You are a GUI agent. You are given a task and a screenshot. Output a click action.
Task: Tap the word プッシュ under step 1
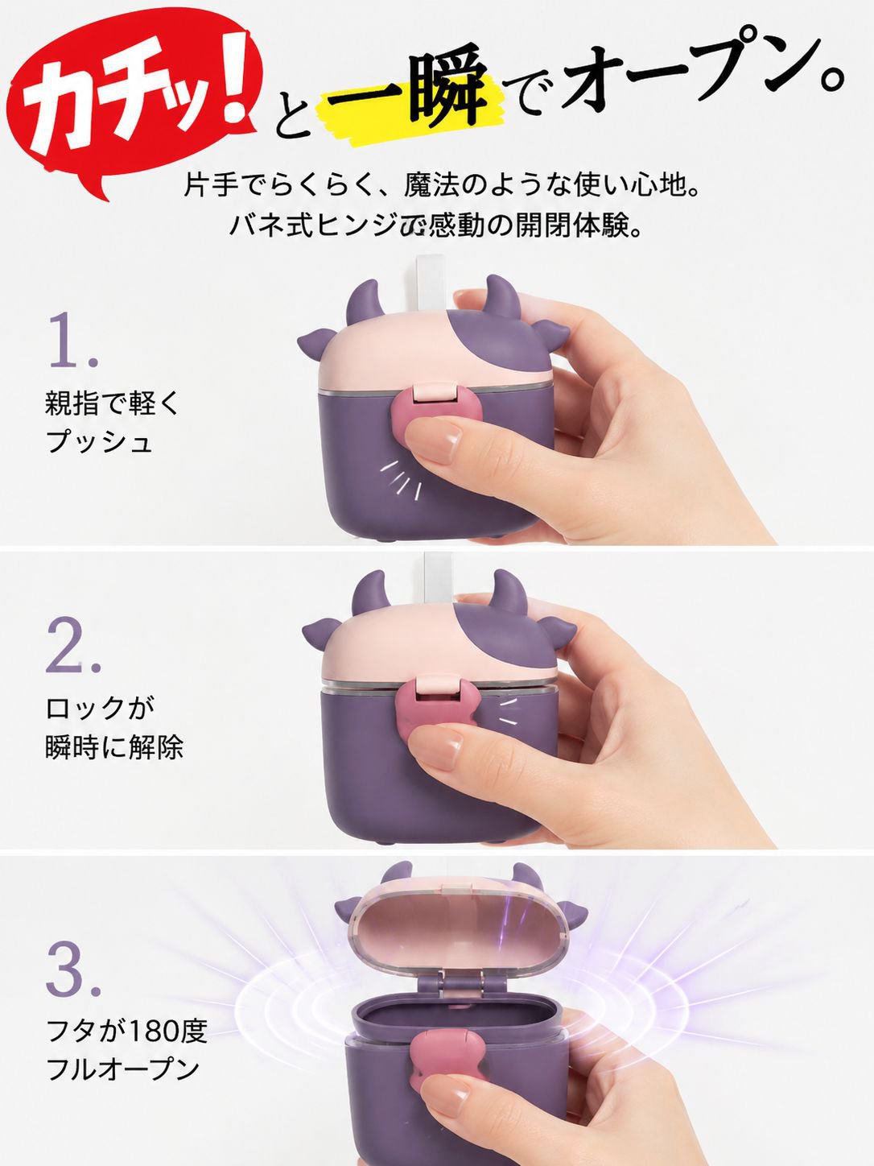pyautogui.click(x=99, y=441)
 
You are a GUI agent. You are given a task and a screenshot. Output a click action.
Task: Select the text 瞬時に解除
pyautogui.click(x=114, y=746)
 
